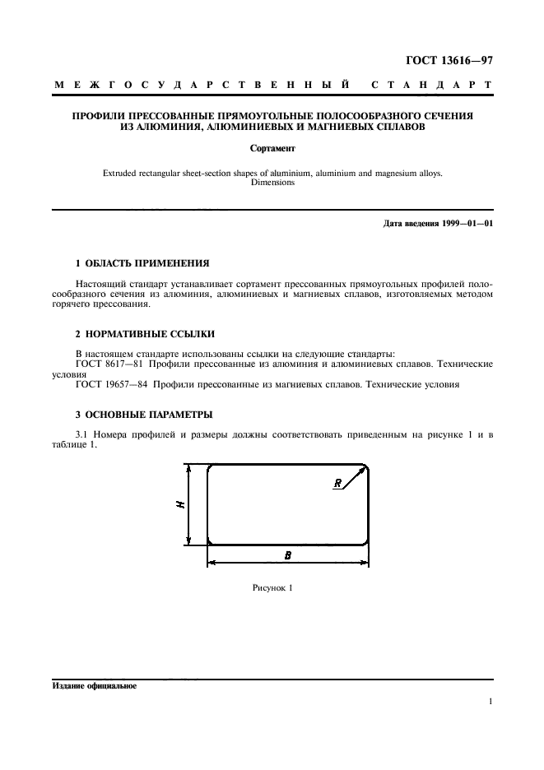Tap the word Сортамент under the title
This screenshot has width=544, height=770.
[x=272, y=150]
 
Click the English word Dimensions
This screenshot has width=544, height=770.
[x=272, y=183]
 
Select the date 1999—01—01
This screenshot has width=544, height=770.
[x=462, y=224]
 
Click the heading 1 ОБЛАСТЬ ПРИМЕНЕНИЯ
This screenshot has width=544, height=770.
[x=142, y=263]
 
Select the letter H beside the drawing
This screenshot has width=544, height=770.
[x=180, y=504]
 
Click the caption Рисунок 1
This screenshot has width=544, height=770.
[x=272, y=588]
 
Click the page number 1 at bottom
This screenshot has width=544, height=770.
[x=490, y=702]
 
